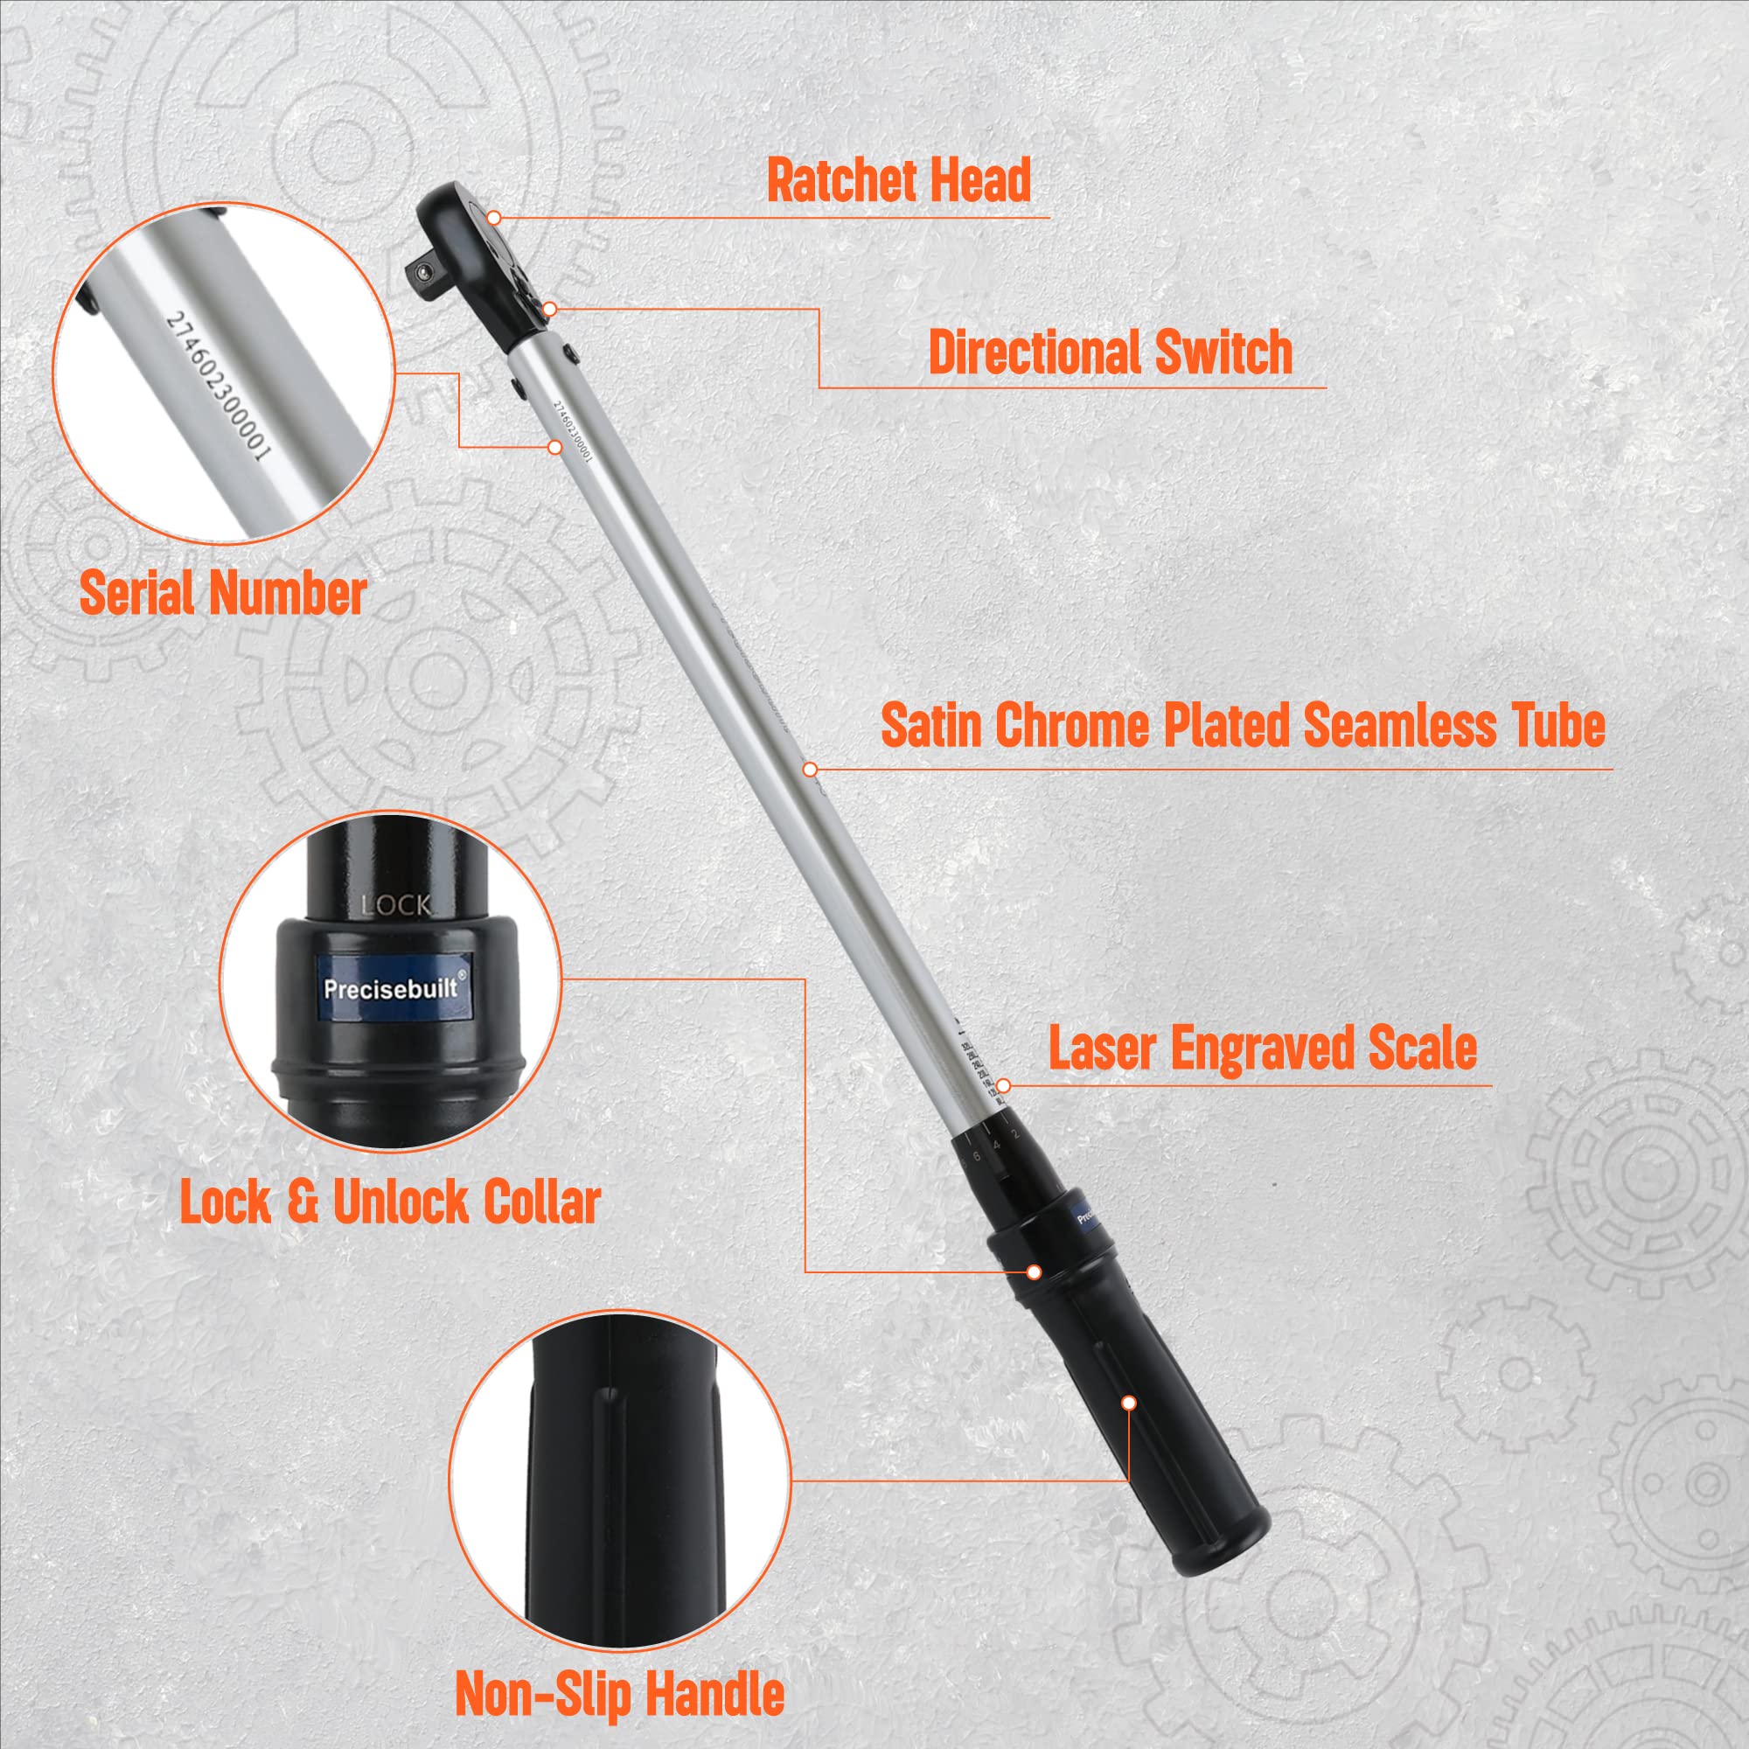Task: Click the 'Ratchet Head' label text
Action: point(898,180)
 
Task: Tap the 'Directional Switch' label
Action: point(1110,352)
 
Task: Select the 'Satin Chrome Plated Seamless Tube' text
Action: point(1243,725)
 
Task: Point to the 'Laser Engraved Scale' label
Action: point(1263,1049)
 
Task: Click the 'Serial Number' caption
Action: point(223,594)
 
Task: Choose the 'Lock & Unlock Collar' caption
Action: point(390,1203)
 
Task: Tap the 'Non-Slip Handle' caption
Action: point(619,1693)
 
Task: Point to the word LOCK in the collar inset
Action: point(396,905)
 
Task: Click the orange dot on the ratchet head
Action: point(493,218)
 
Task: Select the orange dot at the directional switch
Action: point(549,310)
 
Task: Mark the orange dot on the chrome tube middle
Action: point(808,769)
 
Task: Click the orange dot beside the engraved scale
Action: point(1003,1085)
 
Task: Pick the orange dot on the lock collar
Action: point(1034,1272)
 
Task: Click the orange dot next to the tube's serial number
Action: point(556,447)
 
